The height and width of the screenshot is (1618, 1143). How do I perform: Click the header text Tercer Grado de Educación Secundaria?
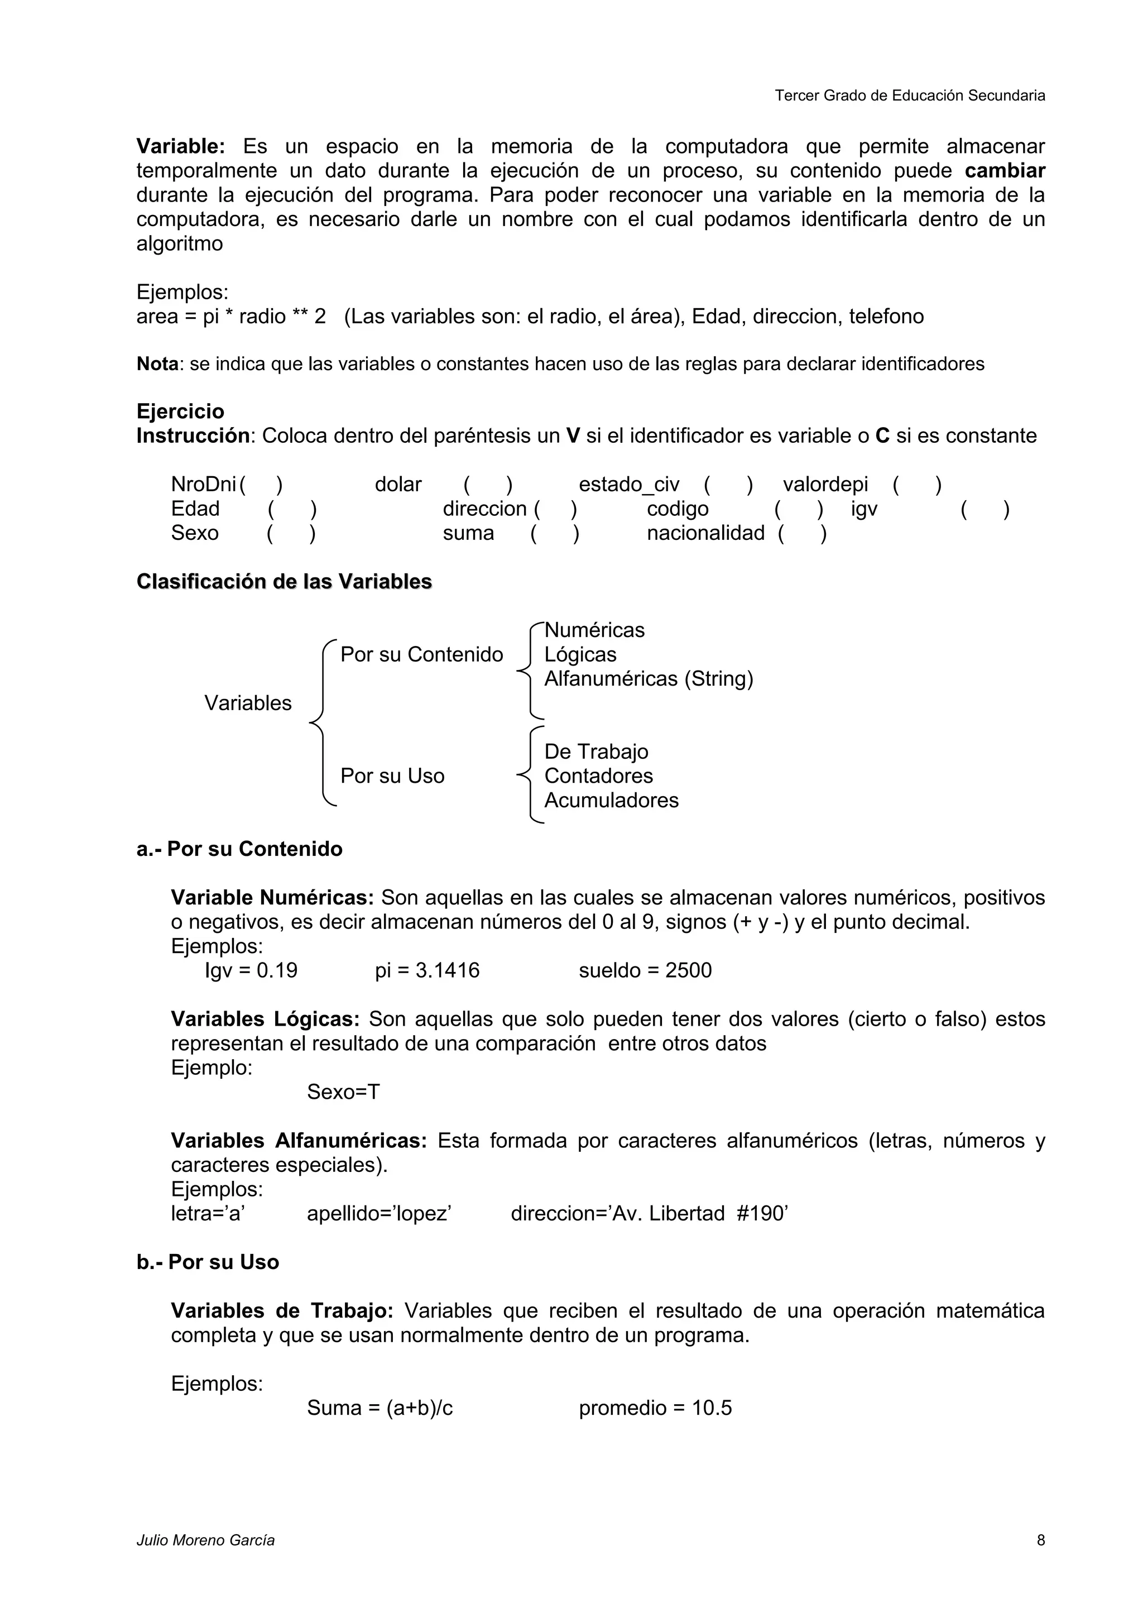pyautogui.click(x=909, y=96)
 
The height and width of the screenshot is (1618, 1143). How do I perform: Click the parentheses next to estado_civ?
pyautogui.click(x=728, y=485)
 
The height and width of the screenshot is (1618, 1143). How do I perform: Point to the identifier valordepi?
pyautogui.click(x=825, y=485)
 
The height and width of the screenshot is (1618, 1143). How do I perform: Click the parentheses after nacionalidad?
pyautogui.click(x=802, y=533)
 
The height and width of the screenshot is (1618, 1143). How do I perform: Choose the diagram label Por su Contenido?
pyautogui.click(x=421, y=655)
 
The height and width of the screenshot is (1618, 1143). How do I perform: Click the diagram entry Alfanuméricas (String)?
pyautogui.click(x=649, y=678)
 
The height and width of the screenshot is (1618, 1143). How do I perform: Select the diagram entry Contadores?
pyautogui.click(x=599, y=776)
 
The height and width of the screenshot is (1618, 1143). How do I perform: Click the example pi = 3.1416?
pyautogui.click(x=427, y=970)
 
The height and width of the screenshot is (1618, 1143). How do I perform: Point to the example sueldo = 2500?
pyautogui.click(x=645, y=970)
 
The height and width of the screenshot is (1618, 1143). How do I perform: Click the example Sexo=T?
pyautogui.click(x=343, y=1092)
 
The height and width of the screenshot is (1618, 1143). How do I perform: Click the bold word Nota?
pyautogui.click(x=157, y=365)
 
